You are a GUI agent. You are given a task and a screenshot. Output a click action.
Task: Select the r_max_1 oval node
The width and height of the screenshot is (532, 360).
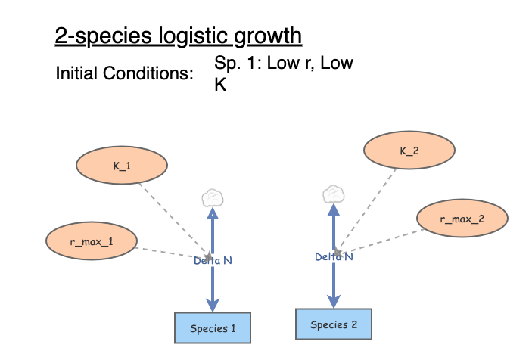tap(91, 240)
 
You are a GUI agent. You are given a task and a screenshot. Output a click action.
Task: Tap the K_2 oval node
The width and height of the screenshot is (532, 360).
tap(409, 151)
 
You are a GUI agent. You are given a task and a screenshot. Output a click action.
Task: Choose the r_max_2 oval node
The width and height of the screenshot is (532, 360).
tap(462, 219)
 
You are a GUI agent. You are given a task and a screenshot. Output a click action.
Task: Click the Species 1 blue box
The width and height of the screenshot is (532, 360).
tap(213, 328)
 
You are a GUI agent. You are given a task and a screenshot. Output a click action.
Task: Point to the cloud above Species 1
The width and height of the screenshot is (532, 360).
tap(213, 199)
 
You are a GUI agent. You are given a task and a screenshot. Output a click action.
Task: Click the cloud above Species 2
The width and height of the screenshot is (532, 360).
tap(334, 194)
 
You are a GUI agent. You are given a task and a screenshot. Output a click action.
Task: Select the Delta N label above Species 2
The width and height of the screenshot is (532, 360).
tap(334, 257)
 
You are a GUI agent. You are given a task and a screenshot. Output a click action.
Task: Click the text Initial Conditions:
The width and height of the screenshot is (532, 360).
tap(124, 75)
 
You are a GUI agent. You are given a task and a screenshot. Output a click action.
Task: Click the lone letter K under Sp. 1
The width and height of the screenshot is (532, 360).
tap(220, 85)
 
